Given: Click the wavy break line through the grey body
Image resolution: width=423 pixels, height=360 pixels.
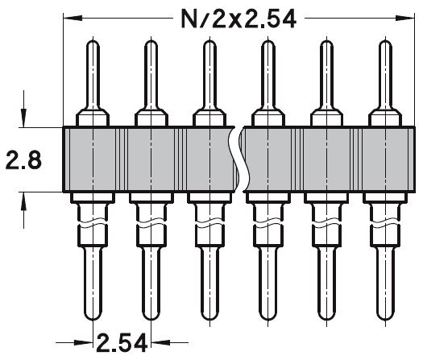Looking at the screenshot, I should coord(237,159).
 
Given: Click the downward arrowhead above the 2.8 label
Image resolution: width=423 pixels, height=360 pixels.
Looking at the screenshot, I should coord(27,120).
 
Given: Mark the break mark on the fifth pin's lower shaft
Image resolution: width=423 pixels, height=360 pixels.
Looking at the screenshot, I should coord(325,221).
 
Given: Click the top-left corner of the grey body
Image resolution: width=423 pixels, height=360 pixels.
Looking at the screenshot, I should coord(63,126).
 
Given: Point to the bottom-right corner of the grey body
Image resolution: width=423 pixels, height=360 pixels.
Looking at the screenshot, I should coord(410,192).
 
